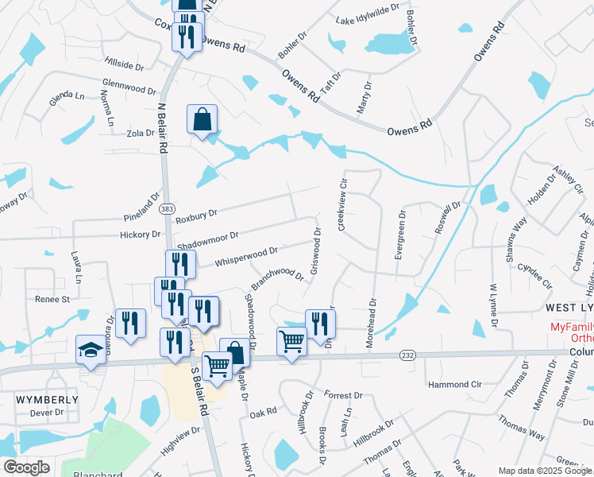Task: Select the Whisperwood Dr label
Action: point(245,254)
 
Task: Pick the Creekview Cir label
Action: point(343,205)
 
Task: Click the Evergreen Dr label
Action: point(401,235)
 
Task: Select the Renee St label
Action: point(52,300)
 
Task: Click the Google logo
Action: point(27,467)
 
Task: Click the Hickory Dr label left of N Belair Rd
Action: point(140,235)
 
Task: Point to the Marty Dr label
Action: point(364,97)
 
